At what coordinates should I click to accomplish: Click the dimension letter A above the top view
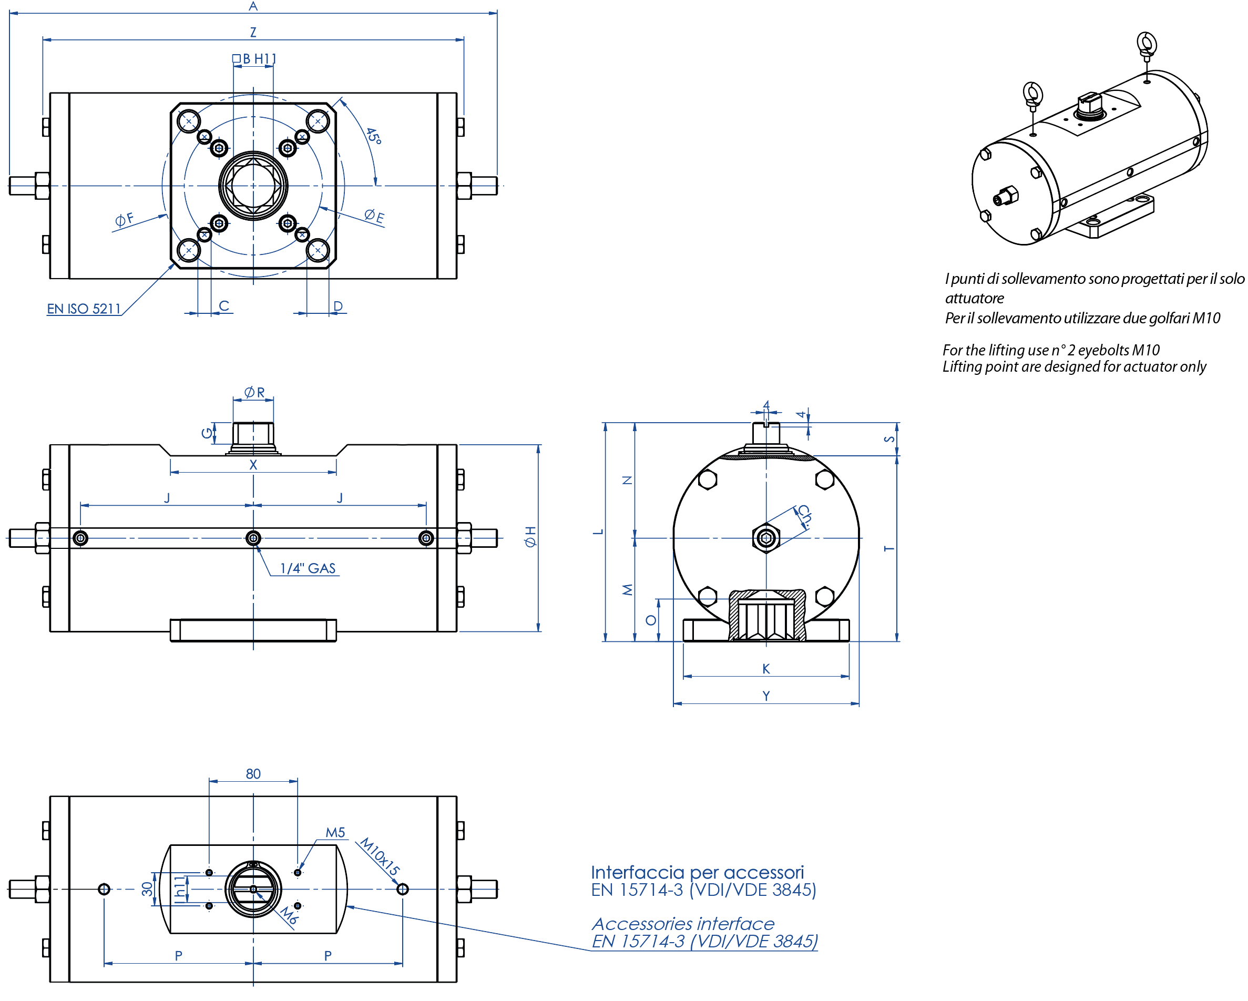[x=253, y=6]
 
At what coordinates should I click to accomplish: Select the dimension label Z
[x=253, y=33]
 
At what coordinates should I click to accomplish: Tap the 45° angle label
[x=373, y=137]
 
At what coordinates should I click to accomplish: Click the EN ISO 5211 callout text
[x=84, y=309]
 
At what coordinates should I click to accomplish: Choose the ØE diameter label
[x=374, y=217]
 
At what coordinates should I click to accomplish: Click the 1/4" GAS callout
[x=308, y=568]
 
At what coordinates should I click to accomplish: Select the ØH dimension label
[x=530, y=537]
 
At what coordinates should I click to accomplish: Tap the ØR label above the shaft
[x=254, y=393]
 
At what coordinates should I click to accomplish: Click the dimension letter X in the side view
[x=253, y=465]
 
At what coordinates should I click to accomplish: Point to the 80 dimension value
[x=253, y=774]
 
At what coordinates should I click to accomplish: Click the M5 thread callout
[x=335, y=833]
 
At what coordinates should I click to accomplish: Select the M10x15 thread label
[x=380, y=856]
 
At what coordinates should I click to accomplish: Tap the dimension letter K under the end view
[x=766, y=669]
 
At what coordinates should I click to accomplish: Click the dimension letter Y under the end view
[x=766, y=696]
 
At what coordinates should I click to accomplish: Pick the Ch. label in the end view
[x=804, y=515]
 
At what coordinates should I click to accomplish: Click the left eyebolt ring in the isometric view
[x=1032, y=93]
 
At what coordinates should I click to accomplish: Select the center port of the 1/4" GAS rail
[x=253, y=538]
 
